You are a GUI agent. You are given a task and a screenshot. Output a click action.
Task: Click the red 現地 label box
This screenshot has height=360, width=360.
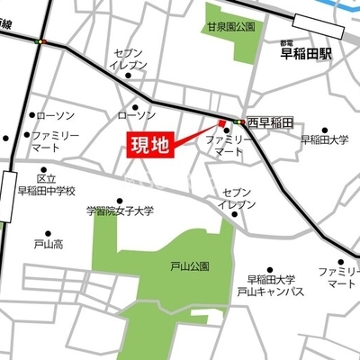(148, 147)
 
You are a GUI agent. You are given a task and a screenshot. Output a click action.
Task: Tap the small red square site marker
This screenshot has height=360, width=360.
(221, 123)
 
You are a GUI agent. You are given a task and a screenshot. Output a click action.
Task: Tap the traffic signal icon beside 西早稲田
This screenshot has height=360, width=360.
(238, 121)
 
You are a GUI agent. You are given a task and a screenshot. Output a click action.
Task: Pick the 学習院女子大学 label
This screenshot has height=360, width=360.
(120, 211)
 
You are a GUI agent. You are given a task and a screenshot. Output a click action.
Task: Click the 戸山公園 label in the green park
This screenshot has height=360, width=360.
(189, 266)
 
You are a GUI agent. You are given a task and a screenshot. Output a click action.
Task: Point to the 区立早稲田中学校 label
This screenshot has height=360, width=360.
(47, 184)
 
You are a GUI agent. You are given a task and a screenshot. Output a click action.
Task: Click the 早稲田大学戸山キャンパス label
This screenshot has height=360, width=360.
(271, 285)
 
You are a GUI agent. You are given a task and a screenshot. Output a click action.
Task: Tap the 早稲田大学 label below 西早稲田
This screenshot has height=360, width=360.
(324, 139)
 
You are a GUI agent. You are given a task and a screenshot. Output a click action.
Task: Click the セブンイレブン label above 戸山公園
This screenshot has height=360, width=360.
(238, 198)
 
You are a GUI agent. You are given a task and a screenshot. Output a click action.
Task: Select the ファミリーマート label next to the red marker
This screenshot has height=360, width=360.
(228, 148)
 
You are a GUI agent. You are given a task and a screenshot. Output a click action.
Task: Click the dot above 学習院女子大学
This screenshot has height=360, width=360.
(120, 198)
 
